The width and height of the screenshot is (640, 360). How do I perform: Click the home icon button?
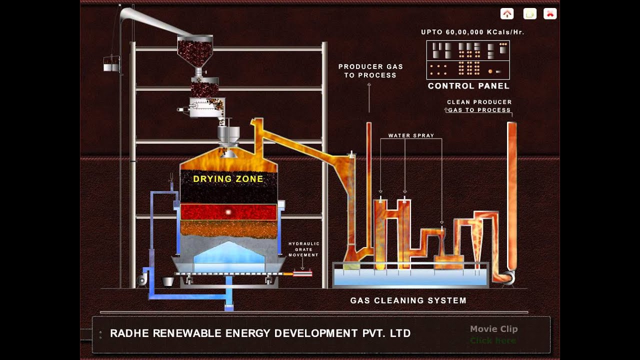507,14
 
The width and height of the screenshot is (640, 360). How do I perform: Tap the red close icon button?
550,14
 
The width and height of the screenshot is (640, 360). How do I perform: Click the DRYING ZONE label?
228,179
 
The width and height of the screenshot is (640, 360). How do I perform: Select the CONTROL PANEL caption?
468,86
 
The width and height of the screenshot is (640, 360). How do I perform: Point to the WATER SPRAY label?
411,135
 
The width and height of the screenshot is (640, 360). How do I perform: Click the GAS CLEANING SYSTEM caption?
408,300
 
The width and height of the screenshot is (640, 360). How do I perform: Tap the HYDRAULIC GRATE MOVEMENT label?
303,249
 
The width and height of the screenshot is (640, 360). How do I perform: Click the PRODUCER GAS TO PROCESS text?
370,70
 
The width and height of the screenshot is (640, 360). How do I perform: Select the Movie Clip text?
493,329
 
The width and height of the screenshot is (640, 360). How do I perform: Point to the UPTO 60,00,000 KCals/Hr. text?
472,32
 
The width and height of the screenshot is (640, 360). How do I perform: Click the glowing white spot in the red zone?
228,212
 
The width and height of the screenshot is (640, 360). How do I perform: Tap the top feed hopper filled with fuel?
195,50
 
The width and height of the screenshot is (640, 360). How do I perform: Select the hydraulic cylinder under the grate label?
302,273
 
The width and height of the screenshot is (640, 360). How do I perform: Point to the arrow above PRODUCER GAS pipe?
369,86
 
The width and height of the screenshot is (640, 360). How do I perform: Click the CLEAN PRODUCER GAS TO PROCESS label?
479,106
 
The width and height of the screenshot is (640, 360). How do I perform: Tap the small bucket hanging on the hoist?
111,63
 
